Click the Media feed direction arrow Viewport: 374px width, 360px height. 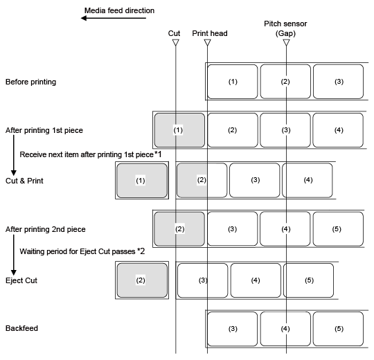click(114, 18)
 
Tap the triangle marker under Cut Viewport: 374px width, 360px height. click(176, 42)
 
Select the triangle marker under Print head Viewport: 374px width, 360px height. click(208, 42)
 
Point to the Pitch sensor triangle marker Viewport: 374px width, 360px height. click(286, 42)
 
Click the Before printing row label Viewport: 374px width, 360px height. click(30, 82)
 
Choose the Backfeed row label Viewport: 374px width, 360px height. click(21, 328)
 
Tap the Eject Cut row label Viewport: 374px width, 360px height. click(21, 280)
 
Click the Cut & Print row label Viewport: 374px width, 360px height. click(24, 181)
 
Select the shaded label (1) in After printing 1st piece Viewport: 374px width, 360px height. click(179, 130)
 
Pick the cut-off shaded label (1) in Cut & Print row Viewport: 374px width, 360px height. click(142, 181)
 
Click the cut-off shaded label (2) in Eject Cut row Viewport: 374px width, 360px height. click(142, 280)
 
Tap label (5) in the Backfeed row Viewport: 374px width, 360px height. click(338, 329)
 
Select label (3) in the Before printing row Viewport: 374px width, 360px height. click(338, 82)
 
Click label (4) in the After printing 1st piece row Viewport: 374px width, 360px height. click(338, 130)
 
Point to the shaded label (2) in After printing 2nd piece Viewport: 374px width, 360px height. click(179, 229)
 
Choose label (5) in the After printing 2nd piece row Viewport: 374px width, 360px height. click(338, 229)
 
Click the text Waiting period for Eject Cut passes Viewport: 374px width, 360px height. click(78, 251)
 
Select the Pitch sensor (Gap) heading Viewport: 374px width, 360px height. click(285, 28)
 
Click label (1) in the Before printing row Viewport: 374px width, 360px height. click(233, 82)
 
